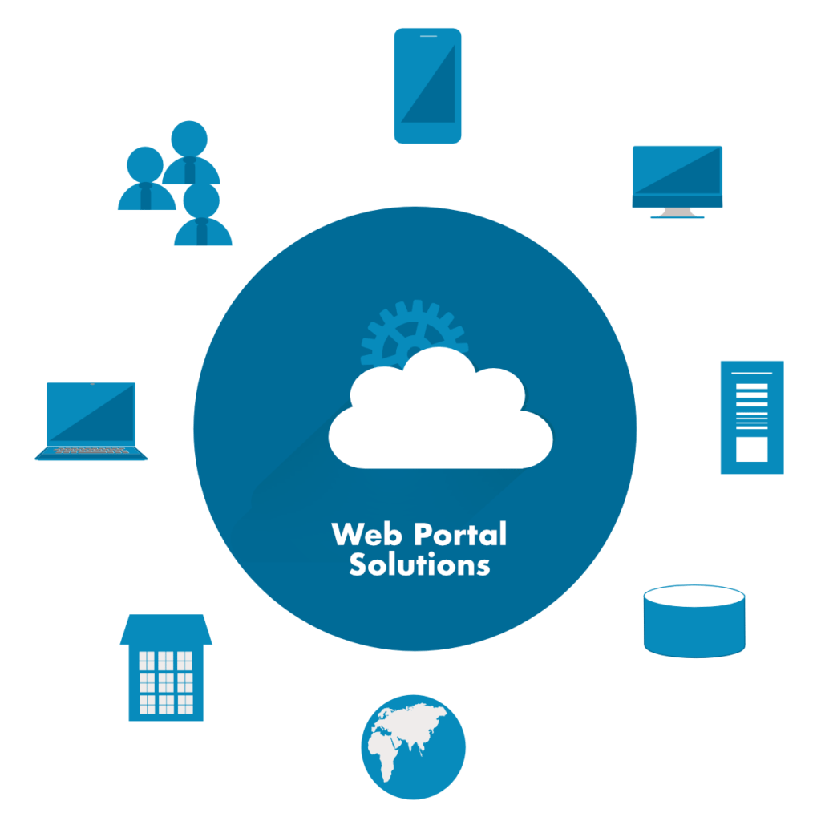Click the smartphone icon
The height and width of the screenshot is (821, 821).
[427, 86]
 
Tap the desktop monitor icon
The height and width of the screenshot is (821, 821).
[677, 182]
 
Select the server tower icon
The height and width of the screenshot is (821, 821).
[752, 417]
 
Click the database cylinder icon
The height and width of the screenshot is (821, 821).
[694, 621]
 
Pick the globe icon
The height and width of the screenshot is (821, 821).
[413, 746]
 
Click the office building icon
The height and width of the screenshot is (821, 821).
[166, 668]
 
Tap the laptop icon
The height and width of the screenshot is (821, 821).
[91, 422]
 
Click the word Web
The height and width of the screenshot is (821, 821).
[366, 534]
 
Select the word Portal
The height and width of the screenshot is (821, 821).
[460, 534]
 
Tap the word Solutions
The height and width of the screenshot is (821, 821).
[419, 564]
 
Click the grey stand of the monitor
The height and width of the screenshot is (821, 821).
[677, 212]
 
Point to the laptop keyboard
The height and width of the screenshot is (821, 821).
[91, 451]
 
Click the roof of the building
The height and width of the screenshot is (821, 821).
[166, 629]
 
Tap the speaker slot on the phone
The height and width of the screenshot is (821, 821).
[428, 36]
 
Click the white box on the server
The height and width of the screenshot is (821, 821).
[752, 449]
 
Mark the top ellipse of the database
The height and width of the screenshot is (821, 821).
[694, 596]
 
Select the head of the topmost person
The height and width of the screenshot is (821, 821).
[189, 139]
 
